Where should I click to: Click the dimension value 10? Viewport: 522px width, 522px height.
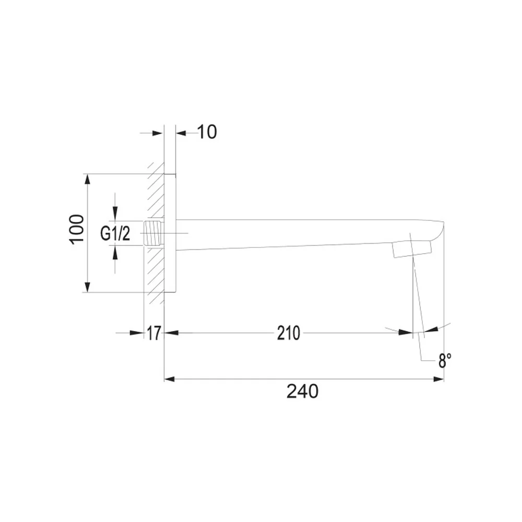click(x=207, y=132)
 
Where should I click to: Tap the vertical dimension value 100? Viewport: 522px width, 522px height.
click(x=77, y=229)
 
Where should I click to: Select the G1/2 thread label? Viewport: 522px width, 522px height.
click(x=115, y=233)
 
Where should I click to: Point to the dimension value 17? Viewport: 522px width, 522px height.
click(x=154, y=333)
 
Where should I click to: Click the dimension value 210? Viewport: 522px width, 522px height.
click(x=289, y=333)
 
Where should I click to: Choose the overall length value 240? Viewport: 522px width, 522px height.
click(x=302, y=391)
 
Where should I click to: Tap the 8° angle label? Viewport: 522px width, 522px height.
click(x=445, y=361)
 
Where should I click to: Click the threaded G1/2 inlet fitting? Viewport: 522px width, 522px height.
click(x=153, y=233)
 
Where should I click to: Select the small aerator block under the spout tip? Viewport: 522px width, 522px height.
click(x=412, y=249)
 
